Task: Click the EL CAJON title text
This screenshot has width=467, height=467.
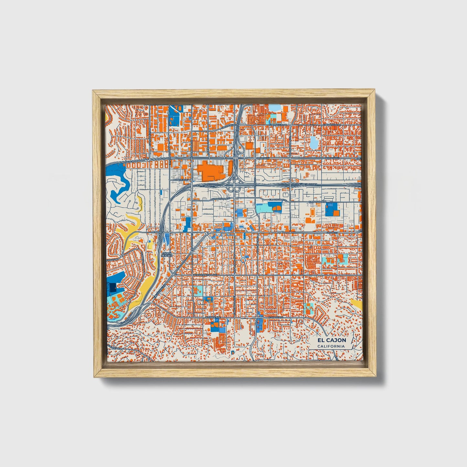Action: [331, 340]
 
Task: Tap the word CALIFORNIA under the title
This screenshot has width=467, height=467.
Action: [331, 346]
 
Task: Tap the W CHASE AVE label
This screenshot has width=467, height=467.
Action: [213, 318]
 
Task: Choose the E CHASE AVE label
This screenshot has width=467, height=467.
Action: [276, 318]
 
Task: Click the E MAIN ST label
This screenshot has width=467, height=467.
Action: [332, 232]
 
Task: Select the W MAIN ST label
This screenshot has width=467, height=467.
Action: [155, 232]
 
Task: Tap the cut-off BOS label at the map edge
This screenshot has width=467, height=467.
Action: [358, 159]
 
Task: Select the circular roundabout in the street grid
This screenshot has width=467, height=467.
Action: [243, 260]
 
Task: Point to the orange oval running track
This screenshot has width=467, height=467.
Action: [313, 212]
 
